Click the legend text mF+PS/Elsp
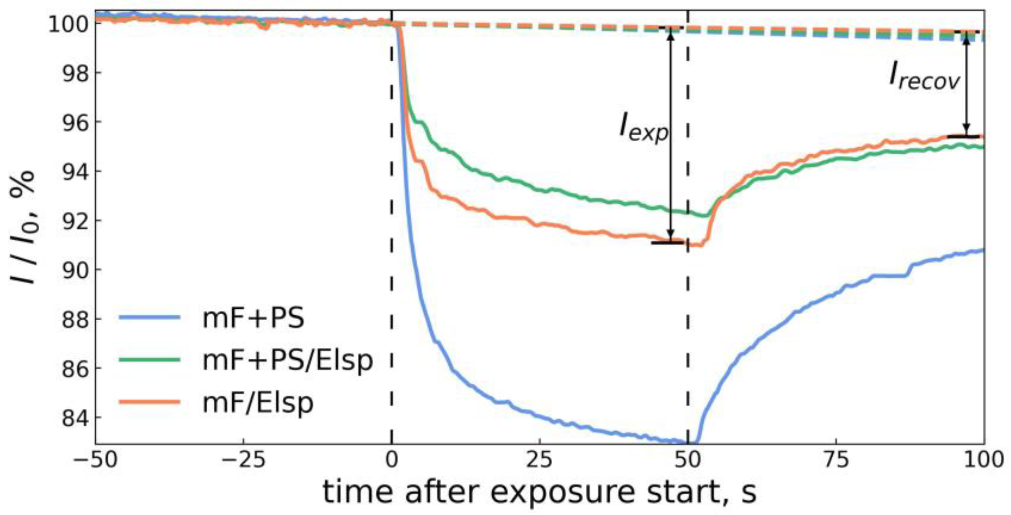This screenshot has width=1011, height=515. click(x=287, y=360)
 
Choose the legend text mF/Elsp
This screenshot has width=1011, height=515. click(x=258, y=402)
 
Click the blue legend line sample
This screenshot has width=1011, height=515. click(x=150, y=317)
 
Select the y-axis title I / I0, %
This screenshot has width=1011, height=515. click(x=24, y=228)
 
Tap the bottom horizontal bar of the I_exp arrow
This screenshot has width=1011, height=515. click(x=667, y=242)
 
